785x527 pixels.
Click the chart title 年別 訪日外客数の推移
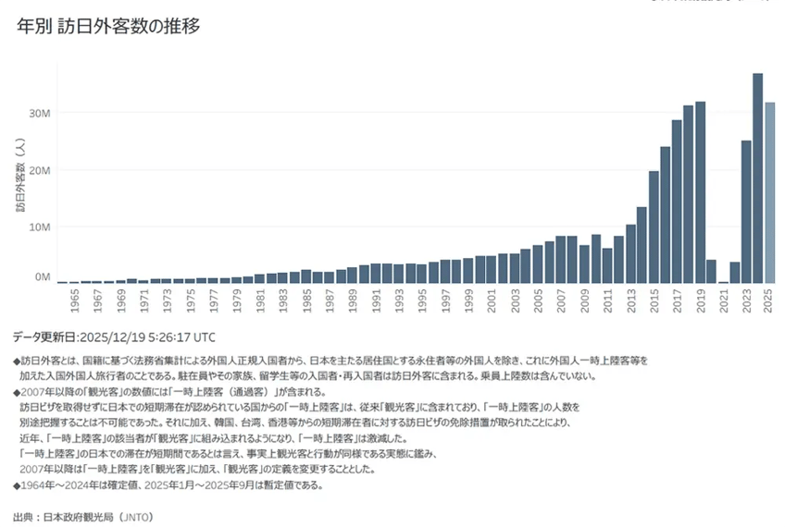pos(109,27)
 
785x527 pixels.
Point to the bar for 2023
pos(746,212)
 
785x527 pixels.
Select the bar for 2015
pos(654,227)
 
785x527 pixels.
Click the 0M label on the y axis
pos(43,276)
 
